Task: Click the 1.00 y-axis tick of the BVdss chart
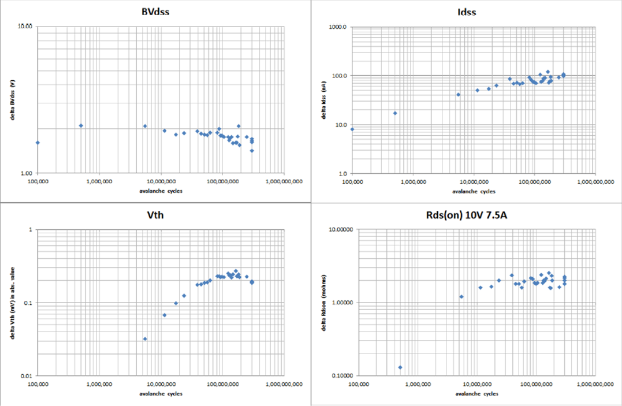(25, 173)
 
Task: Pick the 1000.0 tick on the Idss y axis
(337, 27)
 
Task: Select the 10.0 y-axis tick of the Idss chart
(340, 125)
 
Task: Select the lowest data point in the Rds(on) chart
(400, 367)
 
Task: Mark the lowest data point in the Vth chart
(145, 339)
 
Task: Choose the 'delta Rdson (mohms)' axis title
(325, 303)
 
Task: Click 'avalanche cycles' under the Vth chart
(161, 393)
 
